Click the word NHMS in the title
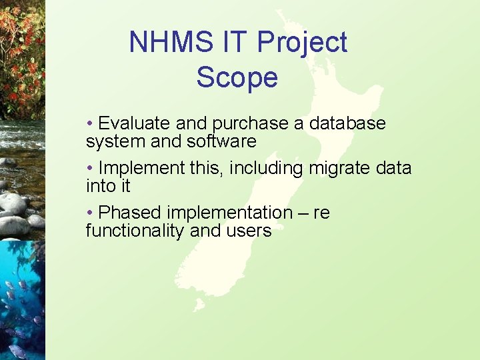[x=162, y=42]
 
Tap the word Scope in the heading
[x=237, y=78]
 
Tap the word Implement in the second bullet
[x=141, y=169]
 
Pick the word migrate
[x=341, y=169]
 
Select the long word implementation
[x=229, y=213]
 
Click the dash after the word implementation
[x=303, y=213]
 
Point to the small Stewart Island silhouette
[x=198, y=305]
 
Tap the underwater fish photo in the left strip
[x=21, y=300]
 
